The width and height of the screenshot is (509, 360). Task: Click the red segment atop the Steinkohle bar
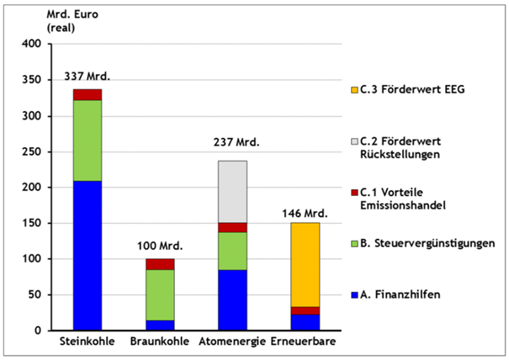pos(87,94)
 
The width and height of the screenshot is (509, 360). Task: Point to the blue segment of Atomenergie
pos(233,299)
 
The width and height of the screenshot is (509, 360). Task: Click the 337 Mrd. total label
pos(87,77)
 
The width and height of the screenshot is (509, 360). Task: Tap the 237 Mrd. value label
pos(233,143)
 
